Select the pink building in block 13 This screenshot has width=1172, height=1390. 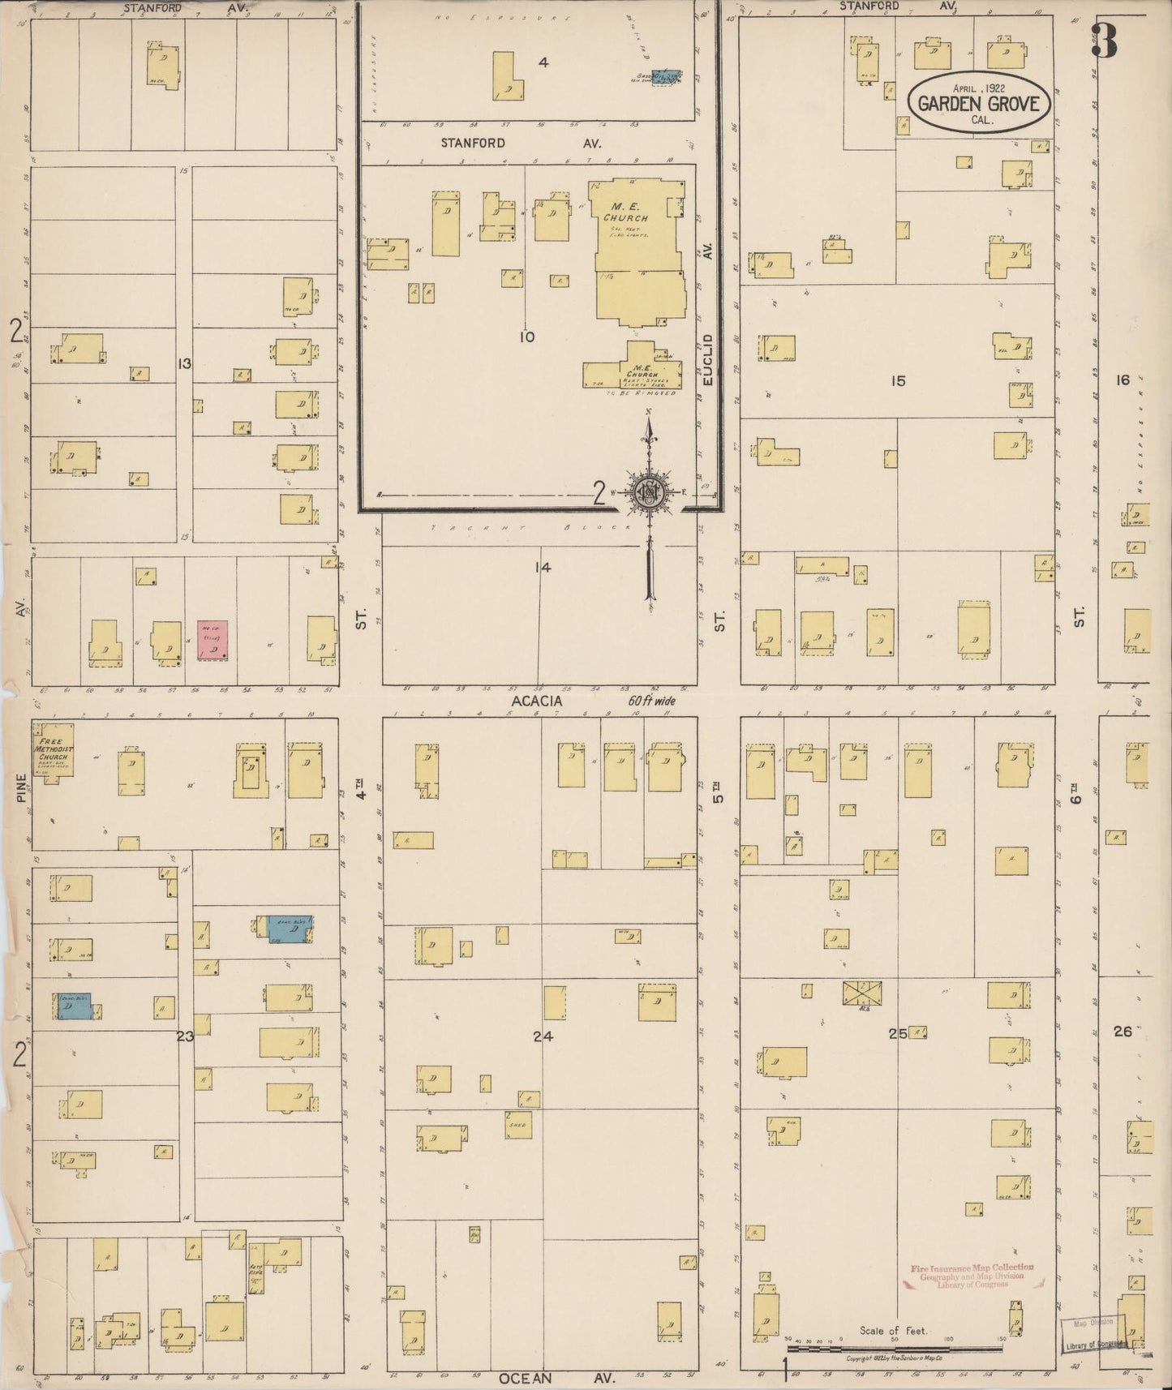[213, 641]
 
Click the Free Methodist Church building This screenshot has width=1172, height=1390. [54, 755]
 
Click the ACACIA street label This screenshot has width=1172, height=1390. [535, 701]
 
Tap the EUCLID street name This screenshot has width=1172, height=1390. [707, 359]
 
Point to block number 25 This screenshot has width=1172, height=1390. [897, 1033]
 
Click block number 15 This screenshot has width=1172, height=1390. [897, 380]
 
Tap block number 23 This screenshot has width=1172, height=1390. [185, 1036]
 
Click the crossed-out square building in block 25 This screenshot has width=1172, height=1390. [863, 994]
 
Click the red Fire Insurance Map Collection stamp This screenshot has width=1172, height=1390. [971, 1276]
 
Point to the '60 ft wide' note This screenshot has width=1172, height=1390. [651, 701]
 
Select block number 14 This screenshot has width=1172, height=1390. [543, 567]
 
